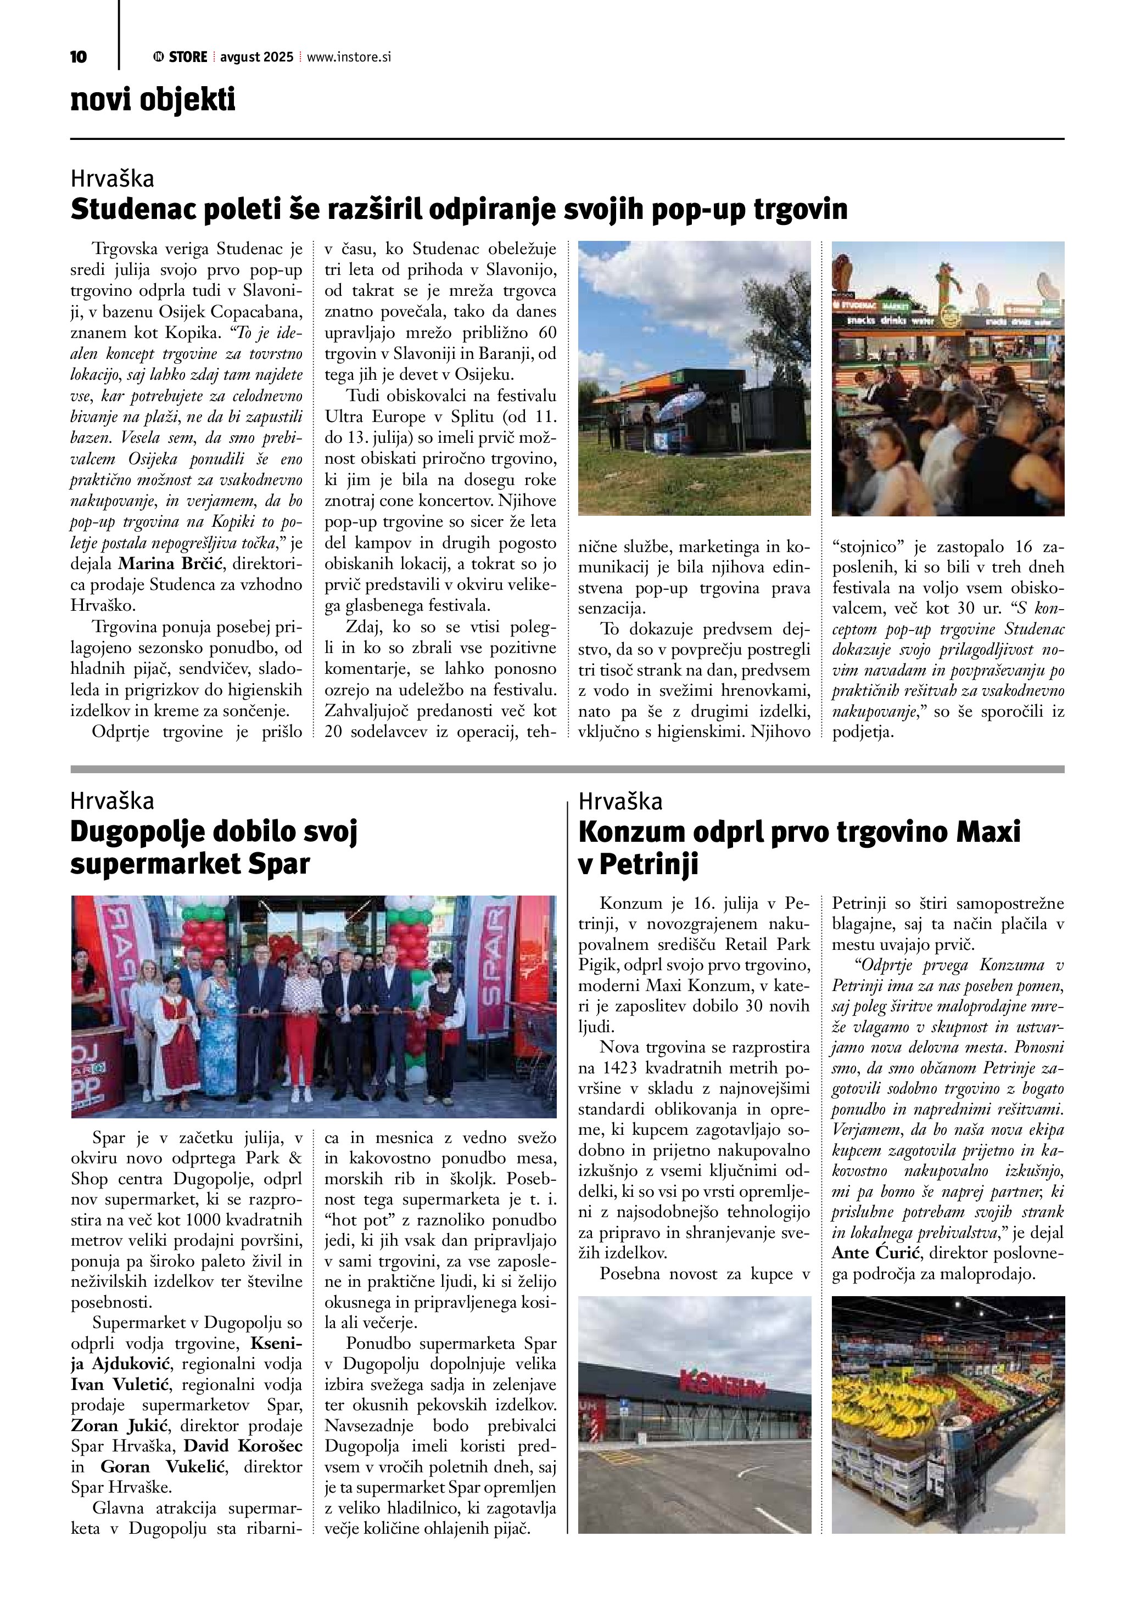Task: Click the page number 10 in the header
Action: tap(79, 57)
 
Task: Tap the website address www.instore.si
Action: tap(349, 57)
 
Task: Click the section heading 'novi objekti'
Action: tap(153, 100)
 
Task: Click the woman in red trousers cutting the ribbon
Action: tap(300, 1026)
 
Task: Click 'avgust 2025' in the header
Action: tap(256, 57)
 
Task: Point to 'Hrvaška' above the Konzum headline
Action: tap(620, 801)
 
